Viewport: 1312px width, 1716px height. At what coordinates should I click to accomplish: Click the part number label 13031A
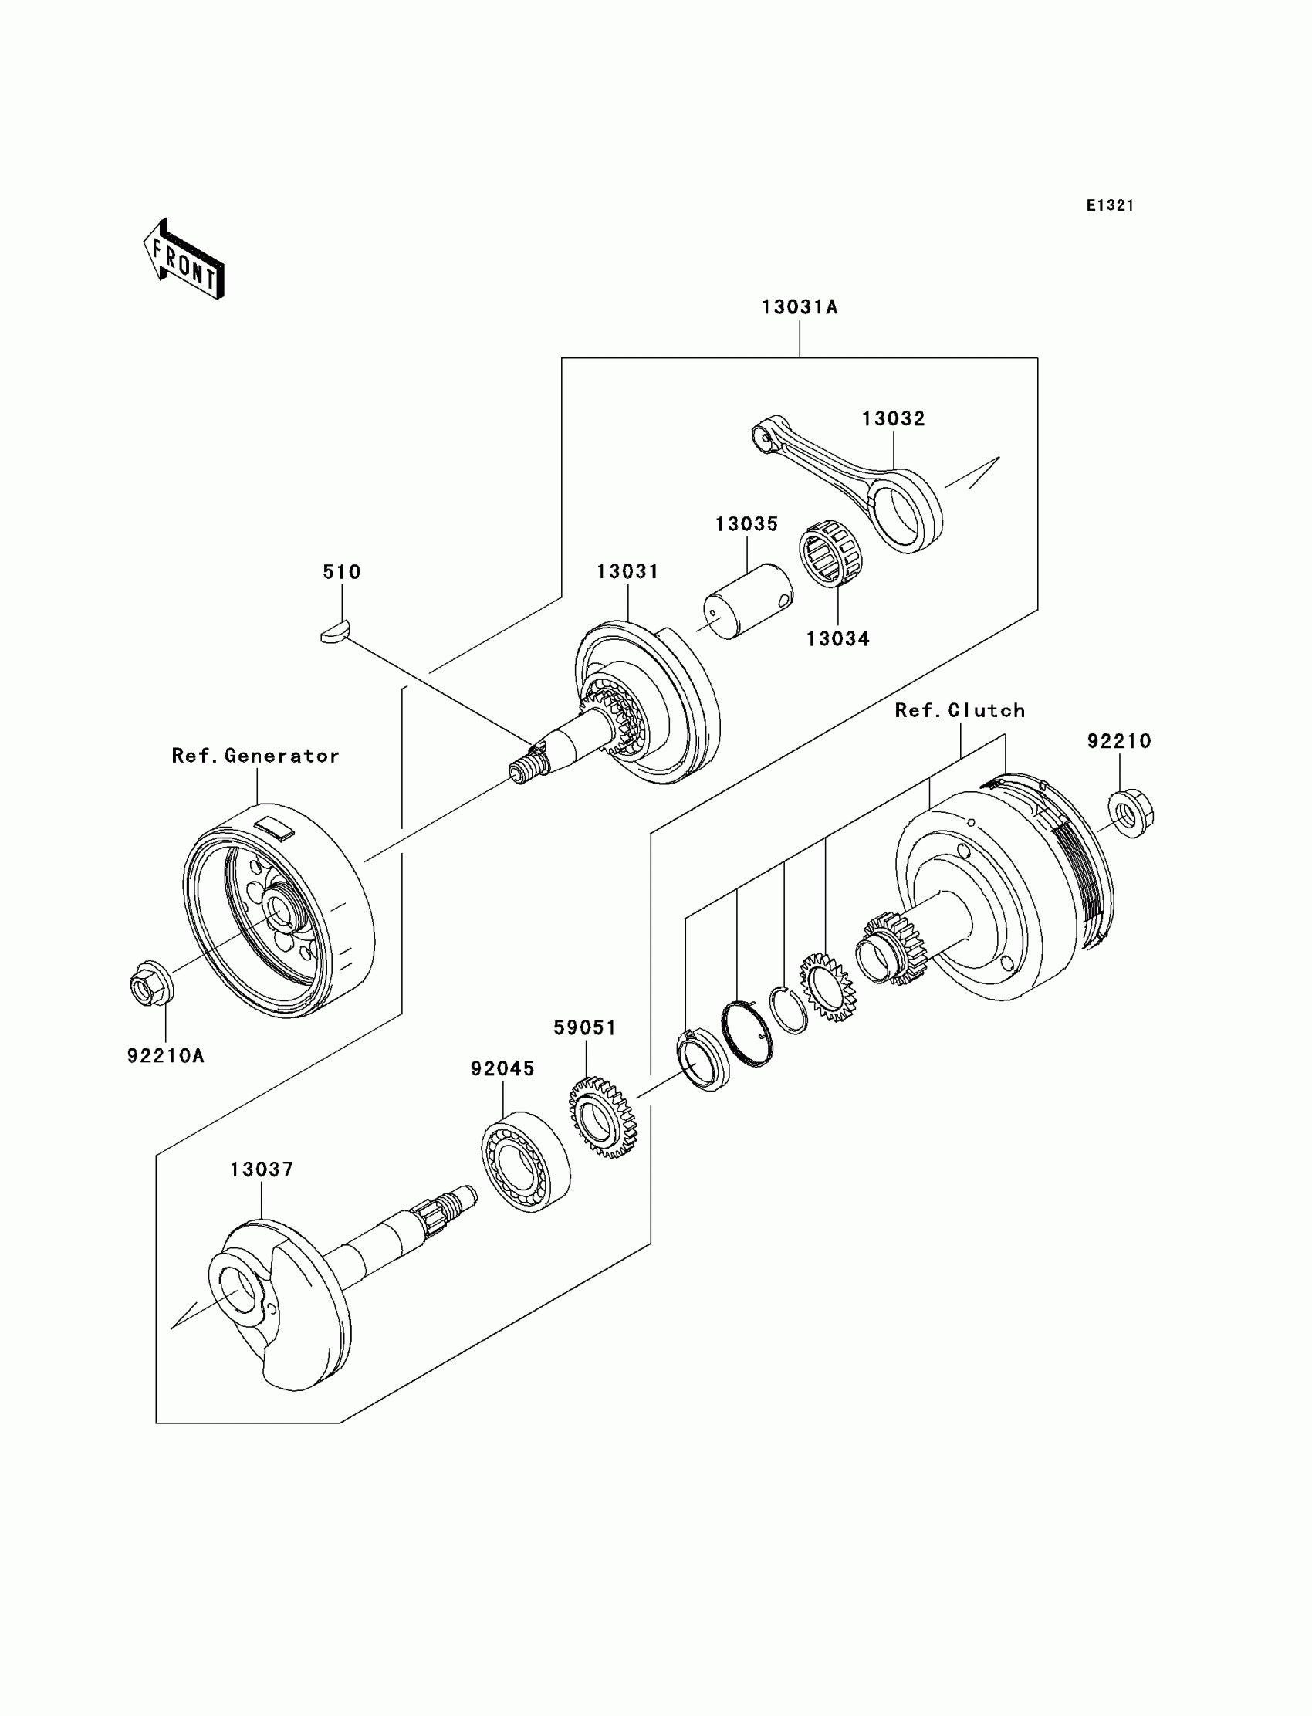[x=799, y=308]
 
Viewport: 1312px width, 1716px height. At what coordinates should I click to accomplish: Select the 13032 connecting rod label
[x=893, y=419]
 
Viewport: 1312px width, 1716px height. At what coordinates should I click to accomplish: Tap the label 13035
[x=746, y=524]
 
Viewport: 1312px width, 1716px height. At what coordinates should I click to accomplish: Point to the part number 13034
[x=837, y=639]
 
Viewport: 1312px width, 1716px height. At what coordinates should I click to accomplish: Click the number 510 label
[x=342, y=573]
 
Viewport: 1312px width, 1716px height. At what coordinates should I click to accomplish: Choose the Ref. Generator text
[x=255, y=756]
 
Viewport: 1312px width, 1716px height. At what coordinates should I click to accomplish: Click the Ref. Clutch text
[x=959, y=711]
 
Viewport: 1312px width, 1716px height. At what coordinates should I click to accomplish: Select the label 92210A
[x=166, y=1056]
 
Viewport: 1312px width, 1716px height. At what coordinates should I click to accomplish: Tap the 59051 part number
[x=585, y=1029]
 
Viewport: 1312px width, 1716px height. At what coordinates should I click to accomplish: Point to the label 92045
[x=502, y=1069]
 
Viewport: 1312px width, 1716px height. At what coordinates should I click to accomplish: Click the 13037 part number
[x=261, y=1170]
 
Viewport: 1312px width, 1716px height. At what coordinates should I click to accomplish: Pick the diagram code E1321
[x=1109, y=205]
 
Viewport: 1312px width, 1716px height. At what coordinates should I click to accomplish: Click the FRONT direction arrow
[x=184, y=261]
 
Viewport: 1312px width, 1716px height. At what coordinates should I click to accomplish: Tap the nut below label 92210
[x=1130, y=814]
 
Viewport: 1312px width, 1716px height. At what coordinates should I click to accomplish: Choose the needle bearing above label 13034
[x=830, y=552]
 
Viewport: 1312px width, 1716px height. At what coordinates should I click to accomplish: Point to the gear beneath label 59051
[x=602, y=1118]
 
